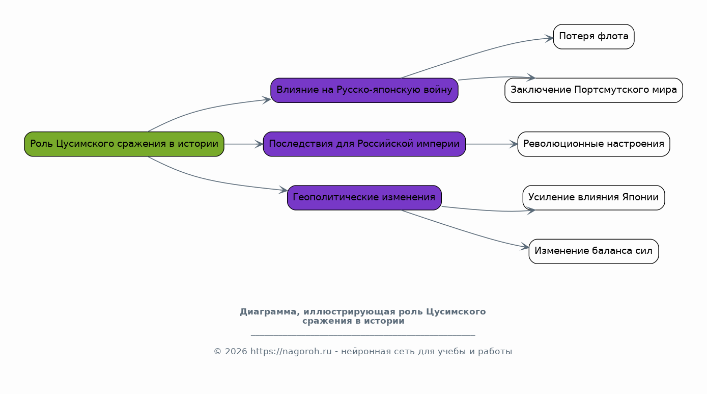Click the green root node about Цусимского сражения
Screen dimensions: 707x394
[x=124, y=144]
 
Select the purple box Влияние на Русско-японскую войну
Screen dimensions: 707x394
[x=364, y=90]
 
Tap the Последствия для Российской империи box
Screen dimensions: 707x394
[x=364, y=144]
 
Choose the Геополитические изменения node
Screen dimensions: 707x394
[x=364, y=198]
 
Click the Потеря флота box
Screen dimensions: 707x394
[x=593, y=37]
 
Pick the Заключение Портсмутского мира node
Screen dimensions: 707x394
[x=593, y=90]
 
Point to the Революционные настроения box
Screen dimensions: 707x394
[x=593, y=144]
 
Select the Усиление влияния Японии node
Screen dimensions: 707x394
[x=593, y=198]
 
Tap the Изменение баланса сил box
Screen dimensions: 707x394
[x=593, y=251]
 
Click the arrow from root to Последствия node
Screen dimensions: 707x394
[x=244, y=144]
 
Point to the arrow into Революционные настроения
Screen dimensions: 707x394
[x=492, y=144]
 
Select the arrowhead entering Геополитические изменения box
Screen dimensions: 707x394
[x=283, y=190]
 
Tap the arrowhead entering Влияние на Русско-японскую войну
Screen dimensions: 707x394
[x=267, y=100]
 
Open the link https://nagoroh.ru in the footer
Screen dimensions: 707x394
[x=291, y=351]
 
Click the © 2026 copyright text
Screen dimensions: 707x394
[x=231, y=351]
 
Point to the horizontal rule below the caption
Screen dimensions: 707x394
[x=363, y=335]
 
